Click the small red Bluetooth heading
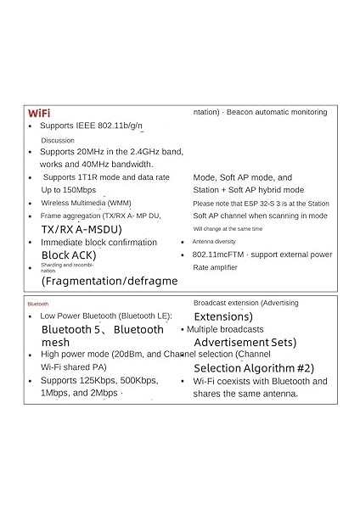coord(38,304)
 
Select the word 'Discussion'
coord(59,141)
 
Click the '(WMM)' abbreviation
coord(119,204)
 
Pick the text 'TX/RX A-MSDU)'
coord(82,229)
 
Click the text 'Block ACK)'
coord(69,255)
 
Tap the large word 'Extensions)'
coord(223,316)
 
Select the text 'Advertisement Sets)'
coord(245,343)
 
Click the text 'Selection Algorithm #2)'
coord(254,368)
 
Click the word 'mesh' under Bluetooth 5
coord(55,342)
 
